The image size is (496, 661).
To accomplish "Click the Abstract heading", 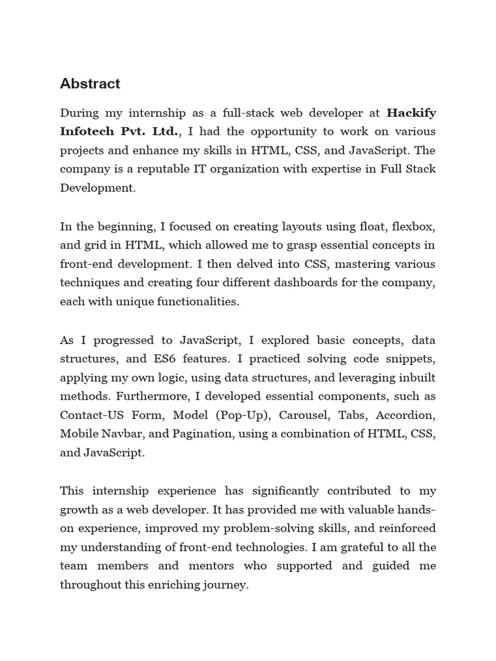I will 90,84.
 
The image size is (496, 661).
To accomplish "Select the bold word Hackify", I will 411,113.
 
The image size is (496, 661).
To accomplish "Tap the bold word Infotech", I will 86,132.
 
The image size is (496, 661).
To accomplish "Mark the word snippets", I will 413,358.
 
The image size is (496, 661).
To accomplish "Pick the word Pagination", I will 196,434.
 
